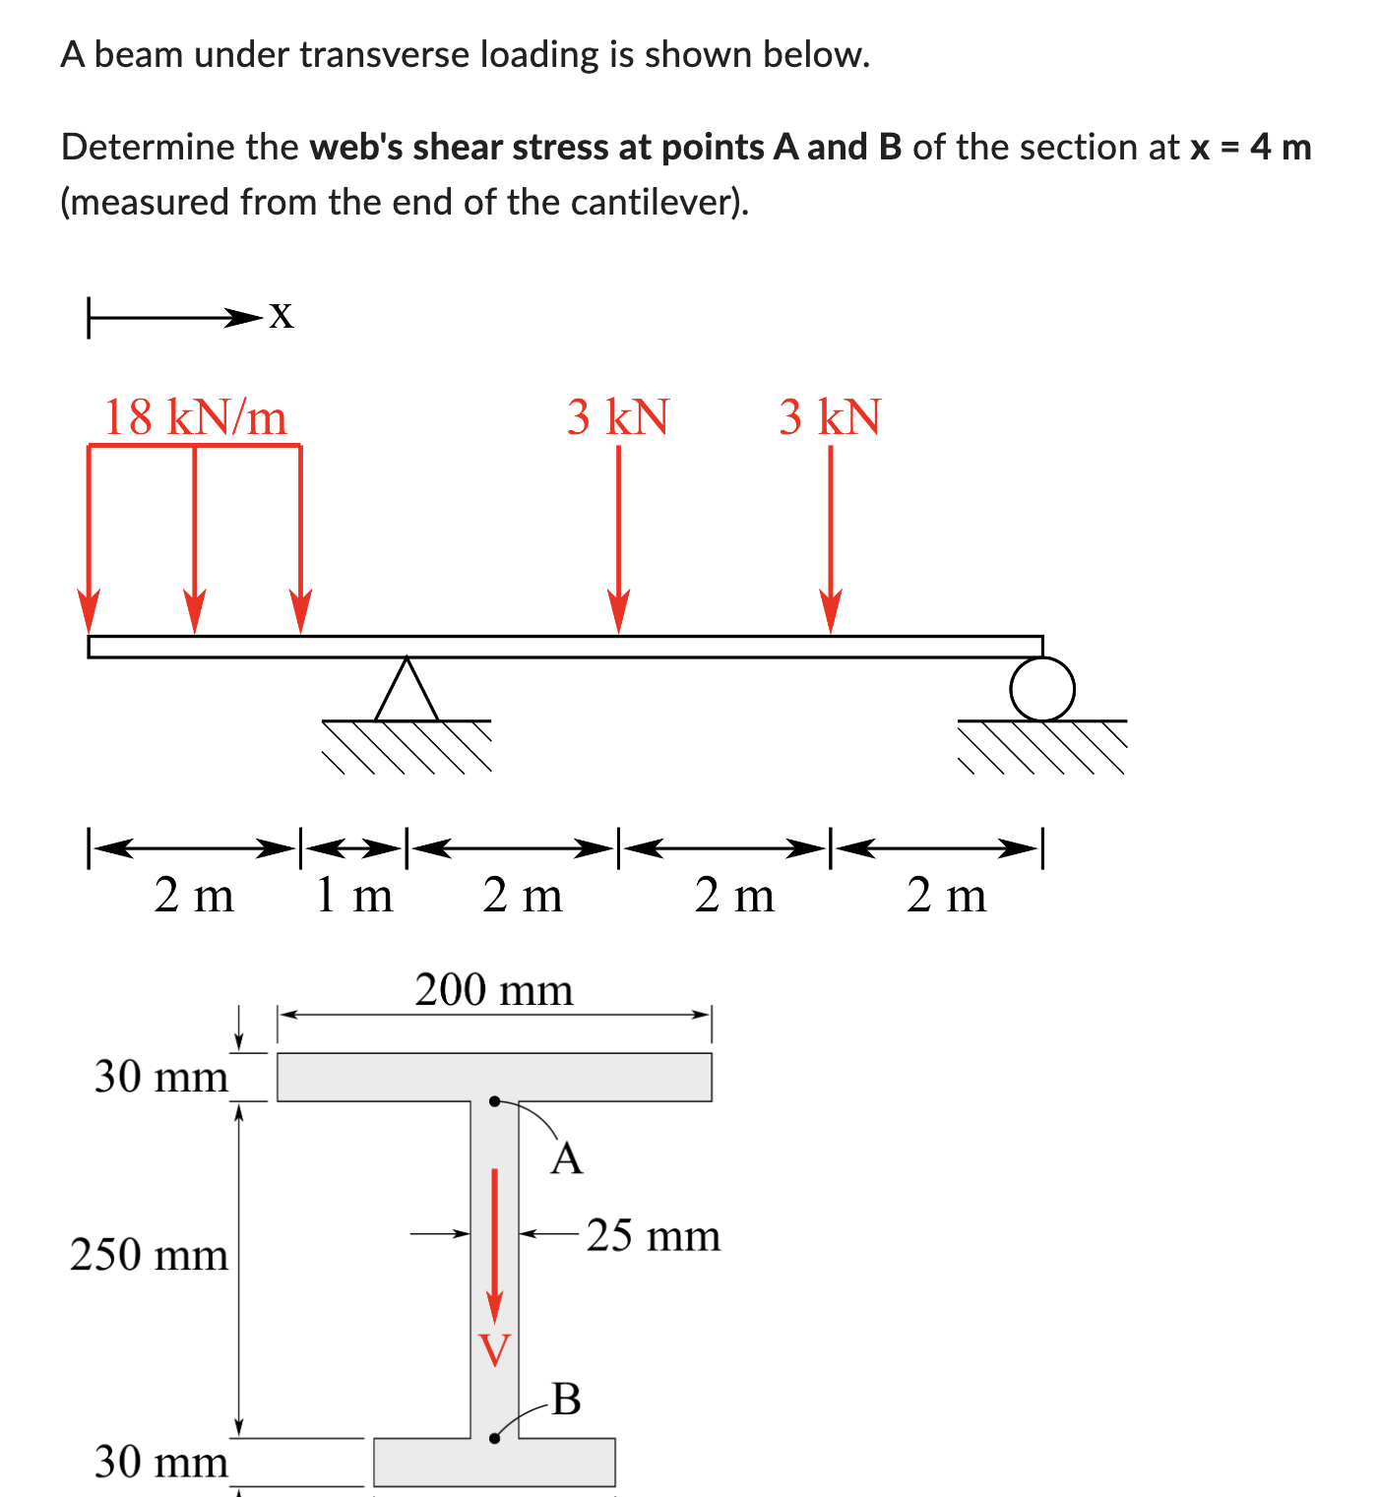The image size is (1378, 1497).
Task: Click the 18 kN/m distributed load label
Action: click(x=195, y=416)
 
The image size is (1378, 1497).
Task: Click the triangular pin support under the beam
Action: click(x=407, y=691)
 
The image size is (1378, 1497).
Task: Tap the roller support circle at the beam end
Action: click(x=1042, y=689)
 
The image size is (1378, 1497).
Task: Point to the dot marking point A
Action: click(x=495, y=1101)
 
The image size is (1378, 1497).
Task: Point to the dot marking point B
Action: click(x=495, y=1438)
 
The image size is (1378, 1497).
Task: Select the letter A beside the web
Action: click(x=567, y=1158)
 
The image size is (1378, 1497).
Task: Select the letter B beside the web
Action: click(x=567, y=1399)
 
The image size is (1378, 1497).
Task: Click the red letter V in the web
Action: click(x=495, y=1349)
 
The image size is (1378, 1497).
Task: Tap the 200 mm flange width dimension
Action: click(x=493, y=989)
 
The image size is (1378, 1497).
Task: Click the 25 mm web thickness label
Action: click(x=654, y=1235)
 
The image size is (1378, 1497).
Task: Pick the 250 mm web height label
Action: click(x=149, y=1255)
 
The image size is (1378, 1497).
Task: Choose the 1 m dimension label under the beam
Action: click(x=354, y=896)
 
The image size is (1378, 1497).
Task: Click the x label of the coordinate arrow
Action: click(x=282, y=315)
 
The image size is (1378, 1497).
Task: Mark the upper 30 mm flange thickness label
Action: click(x=161, y=1076)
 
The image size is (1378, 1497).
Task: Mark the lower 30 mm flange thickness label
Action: click(x=161, y=1462)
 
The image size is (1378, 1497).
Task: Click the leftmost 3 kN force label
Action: click(x=618, y=416)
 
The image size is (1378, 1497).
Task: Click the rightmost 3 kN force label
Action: click(x=831, y=416)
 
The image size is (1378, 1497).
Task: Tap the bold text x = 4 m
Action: click(x=1251, y=148)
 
